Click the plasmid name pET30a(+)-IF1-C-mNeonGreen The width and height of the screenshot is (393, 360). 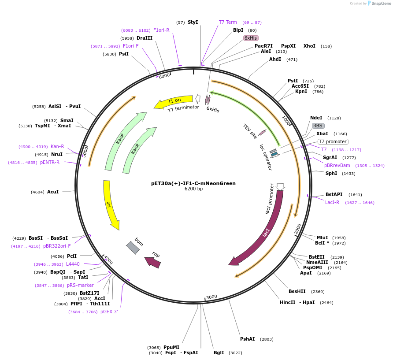[193, 183]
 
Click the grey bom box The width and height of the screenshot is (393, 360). [133, 248]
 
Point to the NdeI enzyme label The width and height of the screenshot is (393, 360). [316, 118]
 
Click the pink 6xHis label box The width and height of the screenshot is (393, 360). [251, 38]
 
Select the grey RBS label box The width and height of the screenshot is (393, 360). [318, 126]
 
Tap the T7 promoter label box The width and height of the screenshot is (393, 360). [333, 141]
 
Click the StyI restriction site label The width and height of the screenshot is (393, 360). [193, 22]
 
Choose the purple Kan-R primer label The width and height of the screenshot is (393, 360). [57, 146]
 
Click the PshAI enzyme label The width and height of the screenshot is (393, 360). [247, 339]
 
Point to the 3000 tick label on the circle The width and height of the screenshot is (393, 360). [211, 297]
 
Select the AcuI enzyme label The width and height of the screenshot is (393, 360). [53, 192]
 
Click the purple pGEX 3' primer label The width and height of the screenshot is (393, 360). [109, 312]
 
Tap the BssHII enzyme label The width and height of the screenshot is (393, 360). [297, 291]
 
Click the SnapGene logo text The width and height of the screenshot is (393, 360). [381, 3]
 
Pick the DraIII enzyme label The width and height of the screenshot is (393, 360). [145, 38]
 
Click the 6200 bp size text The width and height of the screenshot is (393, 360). [193, 189]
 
